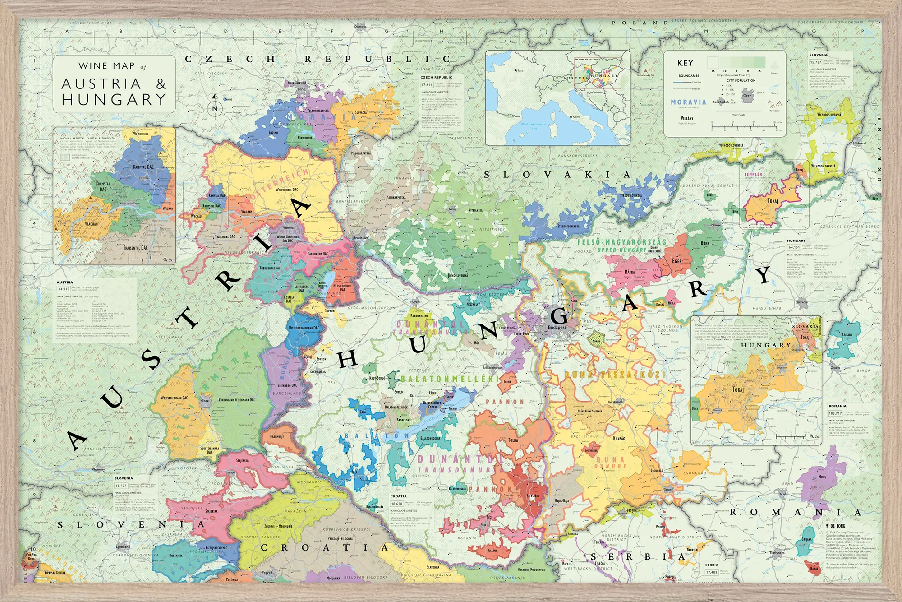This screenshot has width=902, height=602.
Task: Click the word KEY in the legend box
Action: pyautogui.click(x=685, y=63)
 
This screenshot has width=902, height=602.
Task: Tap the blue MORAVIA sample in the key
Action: pyautogui.click(x=688, y=102)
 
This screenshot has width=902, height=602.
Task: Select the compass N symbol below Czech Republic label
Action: pyautogui.click(x=215, y=108)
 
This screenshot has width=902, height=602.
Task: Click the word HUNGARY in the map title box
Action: pyautogui.click(x=114, y=100)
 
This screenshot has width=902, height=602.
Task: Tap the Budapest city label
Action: pyautogui.click(x=557, y=327)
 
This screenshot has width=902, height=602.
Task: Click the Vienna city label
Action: pyautogui.click(x=288, y=227)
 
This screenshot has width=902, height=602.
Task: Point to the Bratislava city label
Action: pyautogui.click(x=361, y=237)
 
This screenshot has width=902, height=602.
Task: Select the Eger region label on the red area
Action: pyautogui.click(x=677, y=261)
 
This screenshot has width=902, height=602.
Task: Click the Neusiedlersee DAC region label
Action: pyautogui.click(x=343, y=287)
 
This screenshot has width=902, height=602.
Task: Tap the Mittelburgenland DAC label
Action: pyautogui.click(x=304, y=328)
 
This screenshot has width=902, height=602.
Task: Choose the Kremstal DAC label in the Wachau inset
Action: pyautogui.click(x=103, y=186)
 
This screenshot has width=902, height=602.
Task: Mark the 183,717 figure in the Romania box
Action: pyautogui.click(x=835, y=413)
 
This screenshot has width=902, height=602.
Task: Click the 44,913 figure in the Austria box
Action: pyautogui.click(x=64, y=289)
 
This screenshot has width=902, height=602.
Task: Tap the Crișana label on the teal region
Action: pyautogui.click(x=847, y=334)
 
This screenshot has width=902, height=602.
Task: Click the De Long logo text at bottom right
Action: pyautogui.click(x=837, y=526)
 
